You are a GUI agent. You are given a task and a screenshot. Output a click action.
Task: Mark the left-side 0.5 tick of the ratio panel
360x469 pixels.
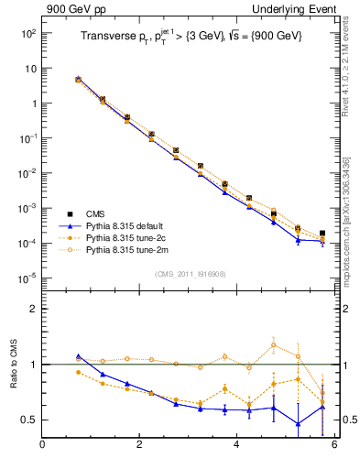coord(28,420)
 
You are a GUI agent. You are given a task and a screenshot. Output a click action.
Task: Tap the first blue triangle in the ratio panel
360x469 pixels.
coord(78,356)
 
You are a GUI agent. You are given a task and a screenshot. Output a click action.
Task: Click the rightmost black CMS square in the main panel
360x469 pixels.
coord(322,234)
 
